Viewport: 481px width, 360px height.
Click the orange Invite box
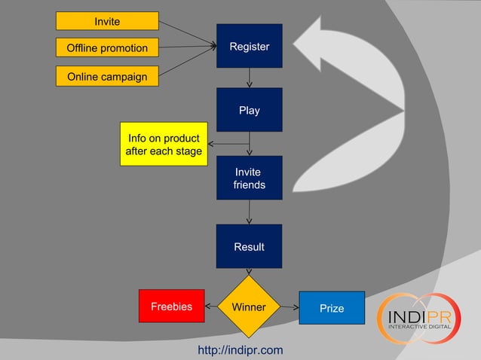(x=107, y=21)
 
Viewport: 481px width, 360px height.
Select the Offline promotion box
(x=107, y=48)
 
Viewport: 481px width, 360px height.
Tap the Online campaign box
(x=107, y=76)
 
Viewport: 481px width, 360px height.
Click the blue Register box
(x=249, y=46)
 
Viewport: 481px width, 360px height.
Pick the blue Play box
(x=249, y=110)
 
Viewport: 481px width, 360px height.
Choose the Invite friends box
(x=249, y=178)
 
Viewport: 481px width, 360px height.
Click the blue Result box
(x=249, y=246)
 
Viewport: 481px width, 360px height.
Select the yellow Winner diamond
(x=249, y=307)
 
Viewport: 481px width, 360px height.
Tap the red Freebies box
(x=171, y=307)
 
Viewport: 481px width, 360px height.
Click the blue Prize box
(x=332, y=308)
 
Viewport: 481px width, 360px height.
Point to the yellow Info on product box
(x=164, y=145)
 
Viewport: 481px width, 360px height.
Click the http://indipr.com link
(x=240, y=350)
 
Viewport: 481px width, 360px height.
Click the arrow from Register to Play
(x=250, y=78)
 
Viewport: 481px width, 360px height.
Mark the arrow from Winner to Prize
(x=291, y=307)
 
